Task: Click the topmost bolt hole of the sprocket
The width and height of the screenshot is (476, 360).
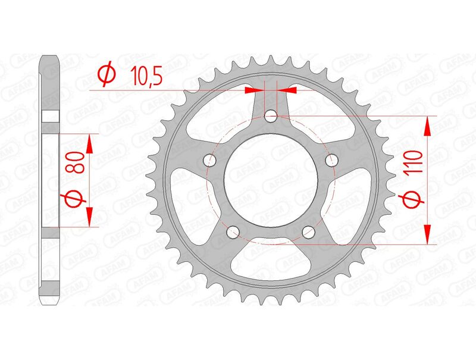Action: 271,116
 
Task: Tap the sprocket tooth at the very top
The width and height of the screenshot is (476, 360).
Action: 271,60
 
